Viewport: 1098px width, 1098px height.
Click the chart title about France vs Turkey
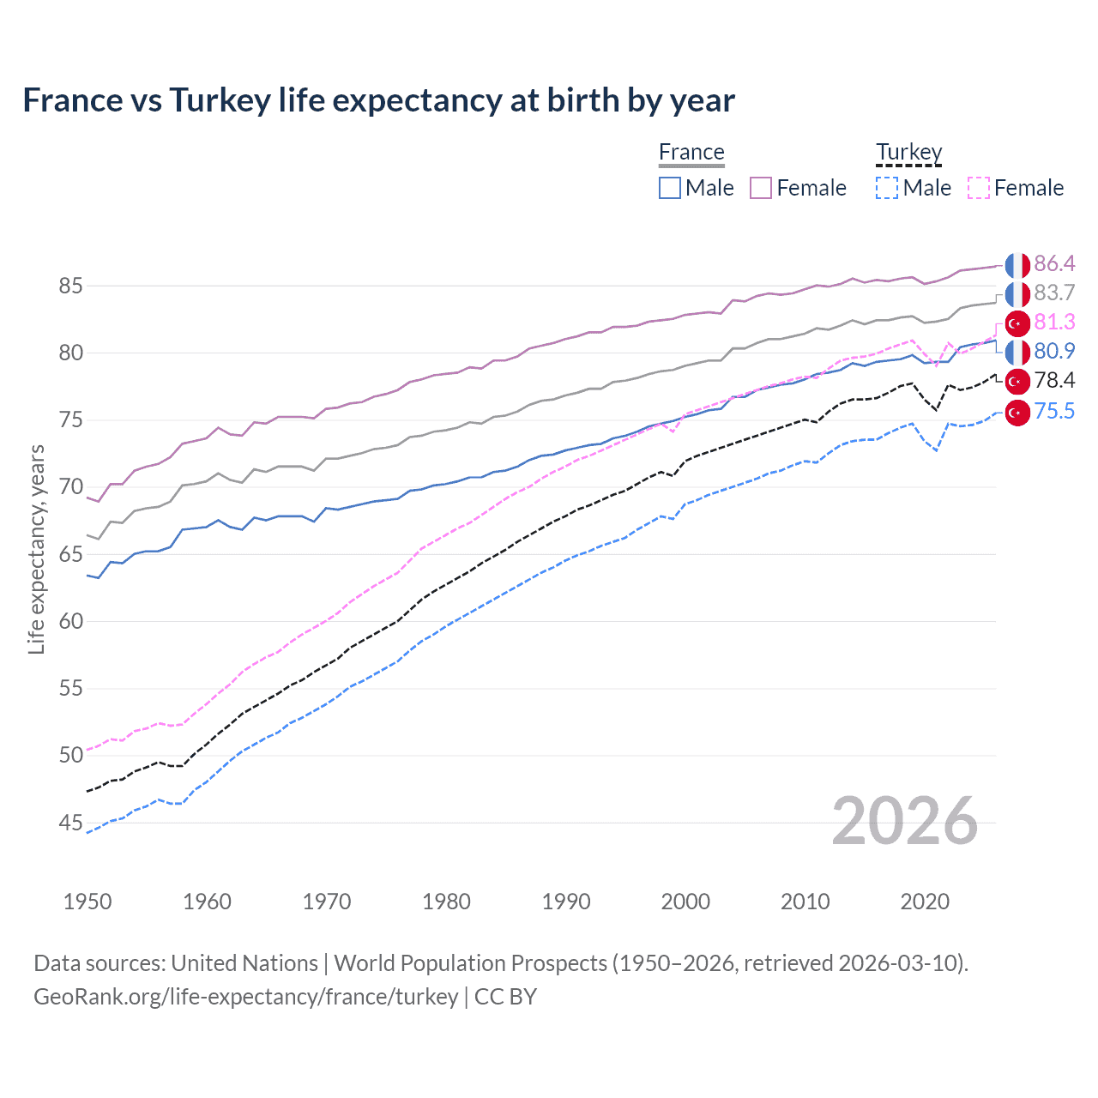coord(378,100)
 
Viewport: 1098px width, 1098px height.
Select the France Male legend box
coord(669,188)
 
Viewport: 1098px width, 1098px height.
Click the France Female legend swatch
coord(761,188)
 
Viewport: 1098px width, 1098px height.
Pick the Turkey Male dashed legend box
coord(887,188)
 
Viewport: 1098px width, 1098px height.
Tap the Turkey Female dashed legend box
coord(978,188)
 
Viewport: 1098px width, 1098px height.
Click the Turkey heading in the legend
coord(908,152)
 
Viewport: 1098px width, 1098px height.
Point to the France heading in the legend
coord(691,152)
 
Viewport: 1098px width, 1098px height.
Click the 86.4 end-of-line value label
coord(1054,263)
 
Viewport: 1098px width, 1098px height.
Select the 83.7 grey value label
coord(1054,293)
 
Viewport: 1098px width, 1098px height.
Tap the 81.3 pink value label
coord(1054,322)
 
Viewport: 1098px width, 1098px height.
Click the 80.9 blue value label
coord(1054,351)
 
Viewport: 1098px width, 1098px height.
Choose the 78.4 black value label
coord(1054,380)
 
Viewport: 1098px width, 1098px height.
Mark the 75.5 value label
coord(1054,411)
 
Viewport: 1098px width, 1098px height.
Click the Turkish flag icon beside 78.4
coord(1017,381)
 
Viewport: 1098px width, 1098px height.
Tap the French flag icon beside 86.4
coord(1017,265)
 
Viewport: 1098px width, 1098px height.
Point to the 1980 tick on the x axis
coord(446,902)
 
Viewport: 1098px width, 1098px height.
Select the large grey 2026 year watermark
coord(905,821)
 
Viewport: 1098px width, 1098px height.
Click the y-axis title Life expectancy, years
coord(36,549)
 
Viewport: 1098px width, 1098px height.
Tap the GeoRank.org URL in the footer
coord(245,997)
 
